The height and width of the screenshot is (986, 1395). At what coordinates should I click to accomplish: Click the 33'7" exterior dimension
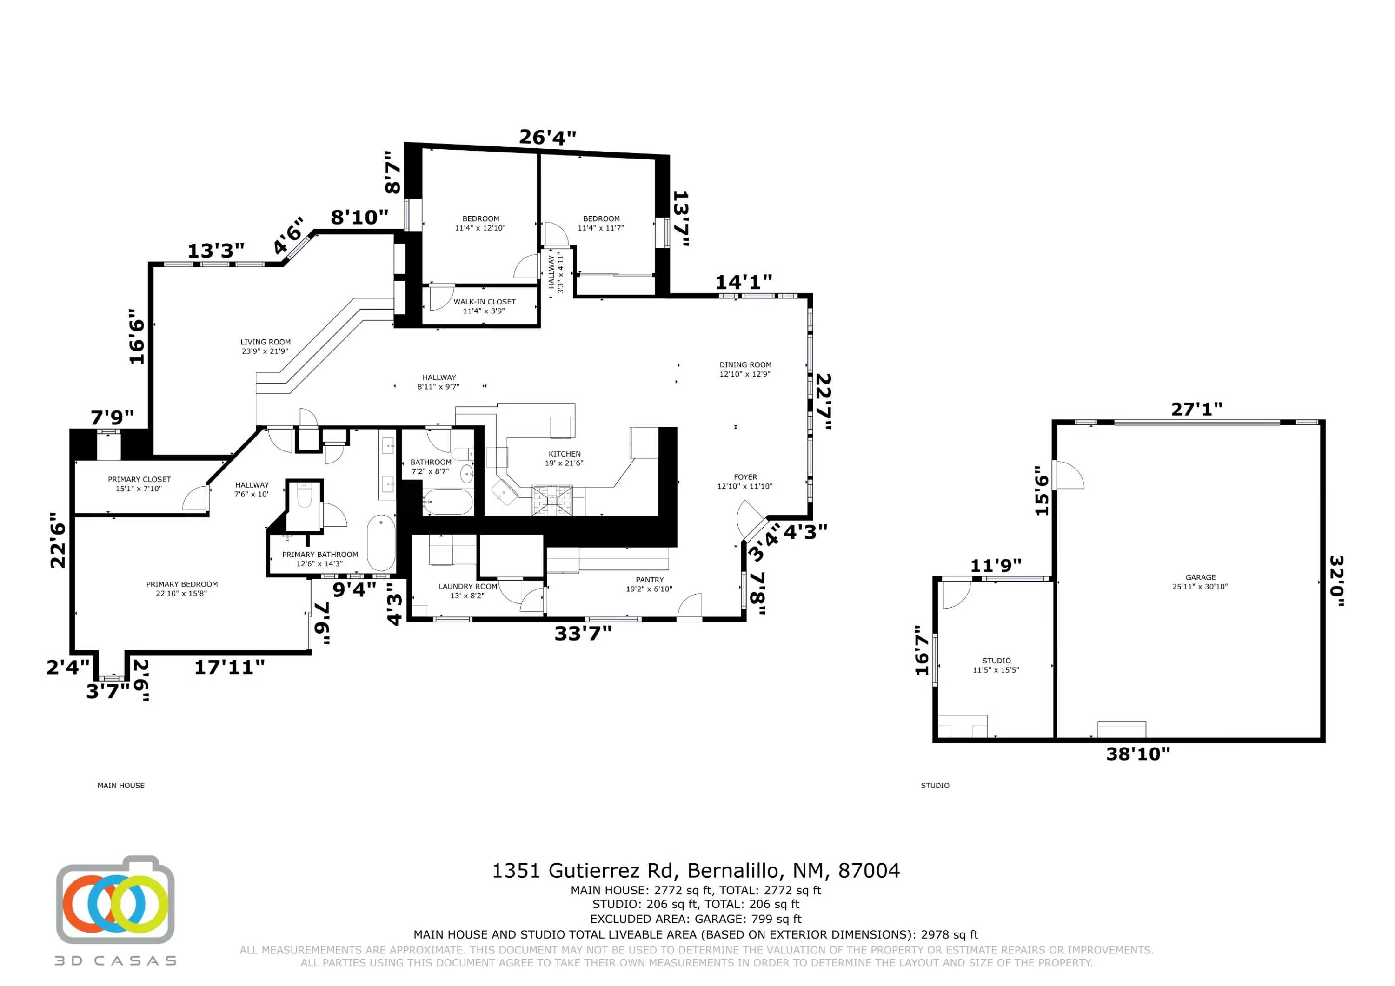tap(583, 634)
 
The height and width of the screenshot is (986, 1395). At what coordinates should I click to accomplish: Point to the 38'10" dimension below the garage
tap(1138, 754)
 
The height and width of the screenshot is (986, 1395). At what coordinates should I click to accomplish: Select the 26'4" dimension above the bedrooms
tap(547, 137)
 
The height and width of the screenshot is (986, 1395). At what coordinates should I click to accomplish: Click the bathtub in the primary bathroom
tap(381, 543)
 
